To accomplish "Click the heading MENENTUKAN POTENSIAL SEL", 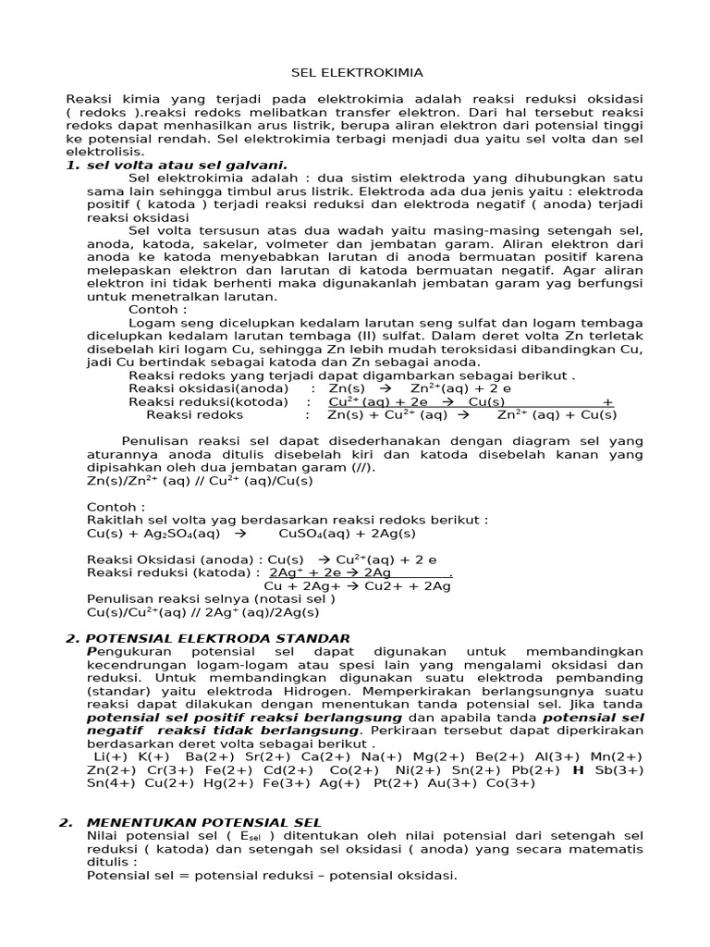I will coord(203,822).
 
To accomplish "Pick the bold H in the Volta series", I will coord(579,769).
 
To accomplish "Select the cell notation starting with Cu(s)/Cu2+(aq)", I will coord(202,612).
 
